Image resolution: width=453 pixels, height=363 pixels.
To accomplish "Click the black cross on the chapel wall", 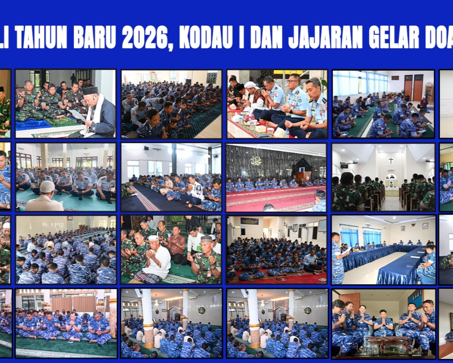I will click(x=390, y=160).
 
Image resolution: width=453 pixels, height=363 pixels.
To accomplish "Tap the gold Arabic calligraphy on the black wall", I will click(x=256, y=161).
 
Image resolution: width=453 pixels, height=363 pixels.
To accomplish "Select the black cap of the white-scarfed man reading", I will click(x=90, y=90).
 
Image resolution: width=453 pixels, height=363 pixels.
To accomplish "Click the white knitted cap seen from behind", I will click(x=47, y=186).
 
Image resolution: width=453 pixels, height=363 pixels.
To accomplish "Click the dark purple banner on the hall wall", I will click(x=250, y=221).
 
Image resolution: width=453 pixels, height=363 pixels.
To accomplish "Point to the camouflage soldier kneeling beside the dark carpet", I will click(x=128, y=190).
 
